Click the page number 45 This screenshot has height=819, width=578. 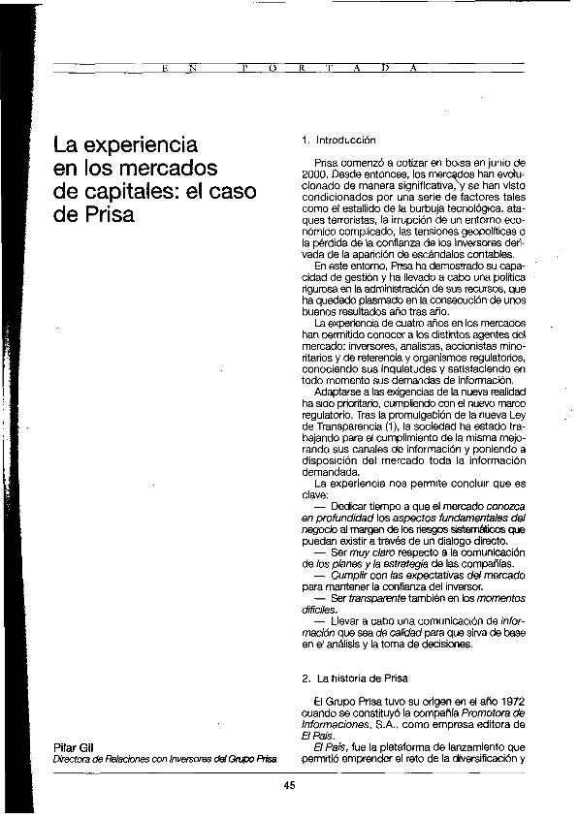pos(289,785)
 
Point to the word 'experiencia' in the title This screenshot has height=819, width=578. pos(139,147)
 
